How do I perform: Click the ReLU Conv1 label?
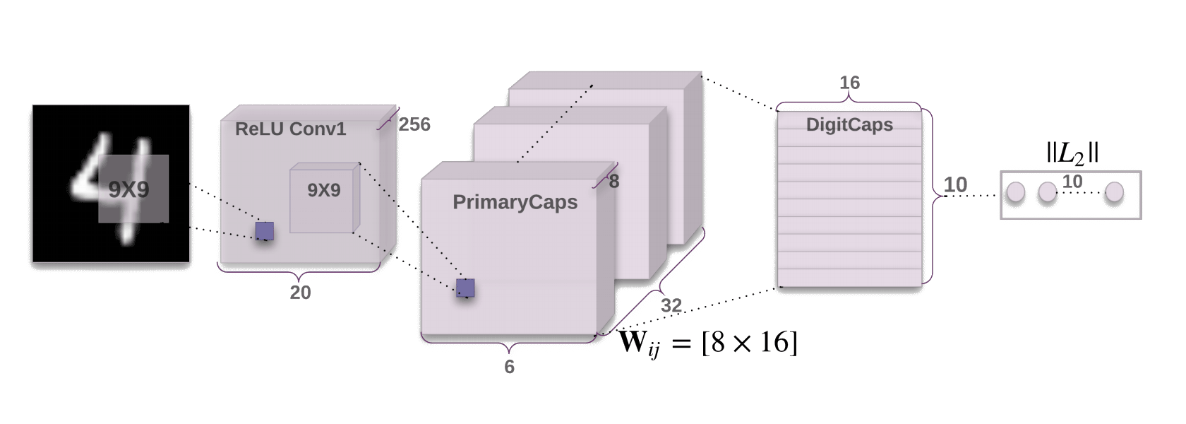290,129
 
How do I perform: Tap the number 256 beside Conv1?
414,124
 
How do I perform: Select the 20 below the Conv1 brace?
300,293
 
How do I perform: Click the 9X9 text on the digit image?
128,189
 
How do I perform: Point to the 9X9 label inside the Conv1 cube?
323,190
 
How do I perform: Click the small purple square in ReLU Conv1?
265,230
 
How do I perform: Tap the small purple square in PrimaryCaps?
465,288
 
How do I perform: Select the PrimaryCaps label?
515,202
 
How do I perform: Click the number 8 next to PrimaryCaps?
613,182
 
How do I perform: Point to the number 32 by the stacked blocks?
671,305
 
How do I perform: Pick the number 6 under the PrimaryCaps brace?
509,367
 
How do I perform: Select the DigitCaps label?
849,125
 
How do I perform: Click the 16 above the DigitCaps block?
849,83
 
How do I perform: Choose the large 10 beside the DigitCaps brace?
955,185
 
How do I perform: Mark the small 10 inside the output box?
1072,182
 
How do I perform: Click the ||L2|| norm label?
1072,153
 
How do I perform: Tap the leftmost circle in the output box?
1015,192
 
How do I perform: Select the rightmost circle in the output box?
1114,192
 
